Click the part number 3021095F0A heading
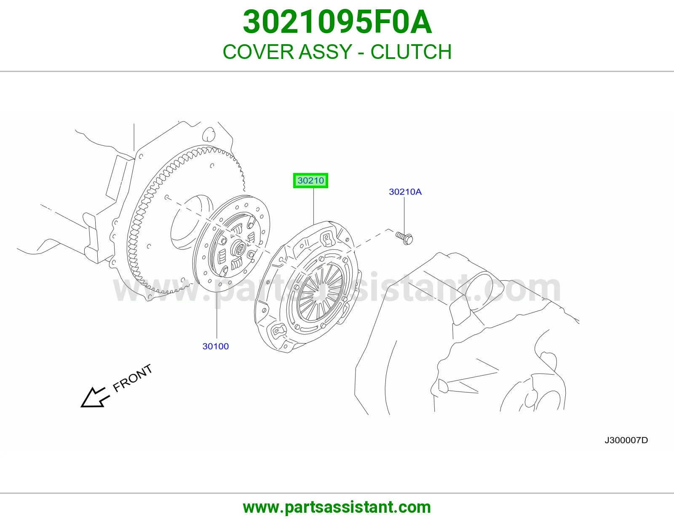tap(337, 22)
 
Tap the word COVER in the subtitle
tap(258, 52)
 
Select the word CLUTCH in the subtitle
tap(411, 52)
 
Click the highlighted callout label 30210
tap(310, 181)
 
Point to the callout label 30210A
tap(405, 192)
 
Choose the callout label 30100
tap(216, 346)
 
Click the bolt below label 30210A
tap(404, 238)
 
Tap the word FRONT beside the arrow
tap(132, 378)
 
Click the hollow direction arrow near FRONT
tap(95, 397)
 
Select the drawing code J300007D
tap(626, 440)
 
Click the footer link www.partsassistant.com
tap(337, 507)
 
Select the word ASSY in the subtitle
tap(325, 52)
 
